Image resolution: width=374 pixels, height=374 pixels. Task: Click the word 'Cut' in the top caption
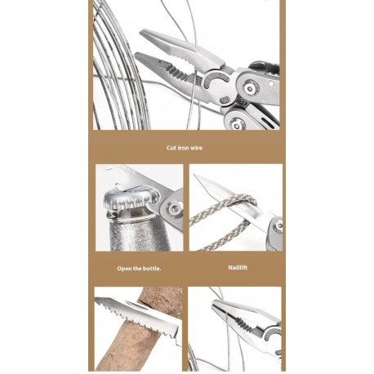tap(171, 148)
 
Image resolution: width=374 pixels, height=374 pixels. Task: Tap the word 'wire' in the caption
tap(196, 148)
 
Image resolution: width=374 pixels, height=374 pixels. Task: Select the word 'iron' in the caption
tap(183, 148)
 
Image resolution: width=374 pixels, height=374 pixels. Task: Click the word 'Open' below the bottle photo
tap(124, 269)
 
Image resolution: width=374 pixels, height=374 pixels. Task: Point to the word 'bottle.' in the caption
tap(152, 269)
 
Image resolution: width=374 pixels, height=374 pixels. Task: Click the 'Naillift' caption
tap(238, 268)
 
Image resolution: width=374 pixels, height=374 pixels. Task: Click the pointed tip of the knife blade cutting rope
tap(194, 175)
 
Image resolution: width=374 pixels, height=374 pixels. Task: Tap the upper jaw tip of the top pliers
tap(140, 33)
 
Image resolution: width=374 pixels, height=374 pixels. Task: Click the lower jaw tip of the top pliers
tap(136, 55)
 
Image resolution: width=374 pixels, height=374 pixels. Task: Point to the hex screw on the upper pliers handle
tap(249, 87)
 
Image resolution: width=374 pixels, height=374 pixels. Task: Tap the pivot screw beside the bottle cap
tap(173, 209)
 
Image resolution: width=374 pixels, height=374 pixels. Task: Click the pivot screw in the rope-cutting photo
tap(278, 225)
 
